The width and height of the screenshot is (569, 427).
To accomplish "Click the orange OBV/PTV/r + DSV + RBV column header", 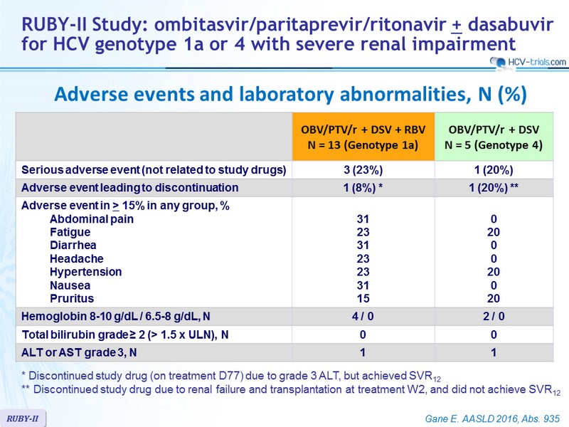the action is coord(363,137).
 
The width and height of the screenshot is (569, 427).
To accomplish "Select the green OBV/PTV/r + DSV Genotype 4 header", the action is coord(494,137).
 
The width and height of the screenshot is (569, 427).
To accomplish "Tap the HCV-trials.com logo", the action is coord(528,63).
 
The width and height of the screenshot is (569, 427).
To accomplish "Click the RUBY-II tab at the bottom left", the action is coord(23,418).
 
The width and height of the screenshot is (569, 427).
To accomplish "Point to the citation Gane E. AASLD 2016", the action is coord(492,418).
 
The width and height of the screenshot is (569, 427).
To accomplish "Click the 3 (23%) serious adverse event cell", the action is coord(363,170).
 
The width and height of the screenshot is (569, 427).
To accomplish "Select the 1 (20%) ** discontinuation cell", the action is coord(494,188).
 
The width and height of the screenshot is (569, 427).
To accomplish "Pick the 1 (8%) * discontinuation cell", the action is coord(363,188).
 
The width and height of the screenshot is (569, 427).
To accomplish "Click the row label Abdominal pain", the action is coord(92,219).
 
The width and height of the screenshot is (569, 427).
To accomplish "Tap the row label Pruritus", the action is coord(72,298).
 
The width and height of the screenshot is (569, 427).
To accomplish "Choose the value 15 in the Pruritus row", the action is coord(363,298).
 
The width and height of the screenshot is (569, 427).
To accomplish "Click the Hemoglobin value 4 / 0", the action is coord(363,316).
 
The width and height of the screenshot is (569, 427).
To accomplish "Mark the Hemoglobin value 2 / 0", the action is coord(494,316).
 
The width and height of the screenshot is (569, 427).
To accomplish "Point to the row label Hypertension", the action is coord(85,272).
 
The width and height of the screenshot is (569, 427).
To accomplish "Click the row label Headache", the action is coord(77,258).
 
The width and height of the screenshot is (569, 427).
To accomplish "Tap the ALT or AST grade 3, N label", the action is coord(79,352).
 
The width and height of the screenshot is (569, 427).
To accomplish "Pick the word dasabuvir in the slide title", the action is coord(511,25).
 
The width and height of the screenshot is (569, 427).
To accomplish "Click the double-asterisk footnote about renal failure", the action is coord(291,390).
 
